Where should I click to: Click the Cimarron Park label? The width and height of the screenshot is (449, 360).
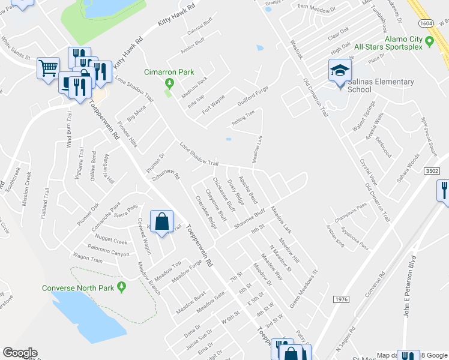click(169, 72)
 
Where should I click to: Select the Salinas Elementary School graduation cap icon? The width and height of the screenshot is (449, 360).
click(339, 71)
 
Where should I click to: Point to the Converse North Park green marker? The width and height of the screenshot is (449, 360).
click(122, 287)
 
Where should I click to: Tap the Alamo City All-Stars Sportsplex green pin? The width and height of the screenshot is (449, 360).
click(429, 41)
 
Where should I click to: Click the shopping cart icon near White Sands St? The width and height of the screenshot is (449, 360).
click(48, 67)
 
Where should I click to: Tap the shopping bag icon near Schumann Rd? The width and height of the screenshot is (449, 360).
click(162, 222)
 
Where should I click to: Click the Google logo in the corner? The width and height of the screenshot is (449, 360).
click(20, 353)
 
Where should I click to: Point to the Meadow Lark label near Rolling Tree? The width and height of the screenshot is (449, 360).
click(257, 148)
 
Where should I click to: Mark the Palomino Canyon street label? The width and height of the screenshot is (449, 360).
click(108, 254)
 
